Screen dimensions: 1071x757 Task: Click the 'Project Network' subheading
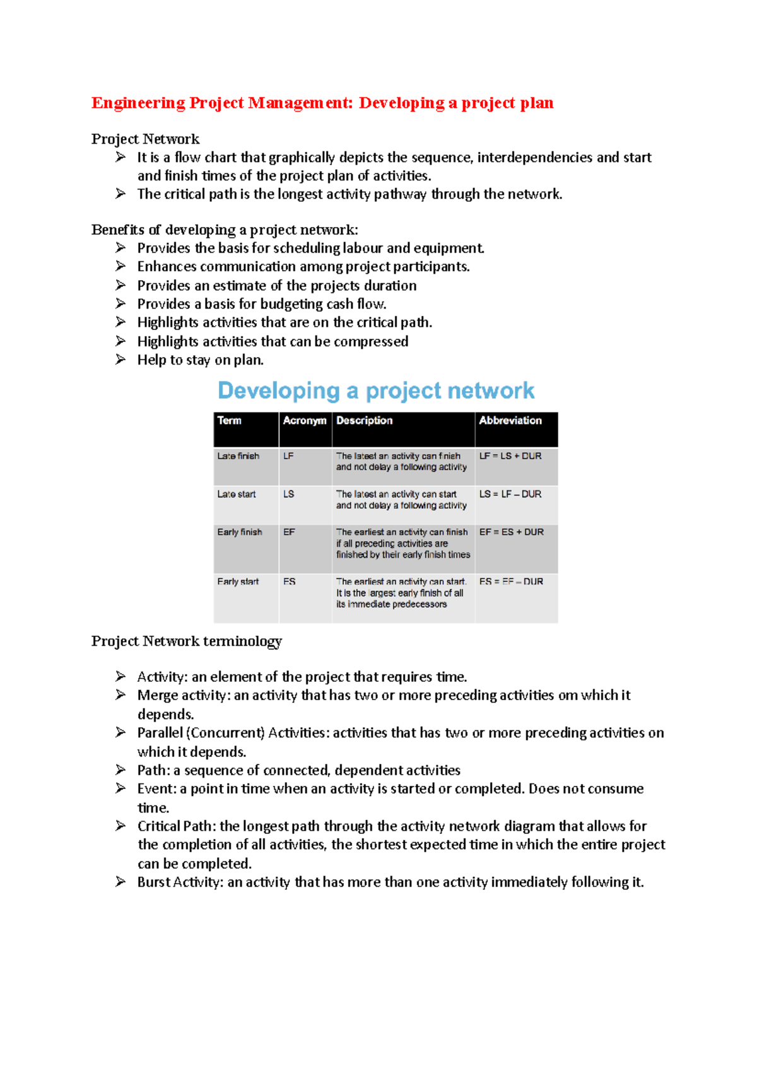[145, 139]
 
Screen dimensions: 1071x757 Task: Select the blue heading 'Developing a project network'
[376, 390]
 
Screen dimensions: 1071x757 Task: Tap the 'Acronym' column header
[305, 421]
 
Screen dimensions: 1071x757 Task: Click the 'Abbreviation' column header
[510, 421]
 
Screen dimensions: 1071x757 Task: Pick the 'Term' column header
[230, 421]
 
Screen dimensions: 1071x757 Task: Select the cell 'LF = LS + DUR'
[510, 456]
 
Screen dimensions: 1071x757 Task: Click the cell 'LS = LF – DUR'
[510, 495]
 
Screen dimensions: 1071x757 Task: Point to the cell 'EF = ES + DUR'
[511, 532]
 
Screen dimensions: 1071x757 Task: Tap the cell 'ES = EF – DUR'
[511, 582]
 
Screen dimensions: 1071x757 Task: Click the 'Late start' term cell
[237, 495]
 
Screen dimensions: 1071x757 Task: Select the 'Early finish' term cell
[240, 532]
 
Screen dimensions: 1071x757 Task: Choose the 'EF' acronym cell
[289, 532]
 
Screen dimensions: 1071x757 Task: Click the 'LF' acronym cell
[288, 456]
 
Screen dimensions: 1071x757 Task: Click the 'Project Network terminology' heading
[186, 641]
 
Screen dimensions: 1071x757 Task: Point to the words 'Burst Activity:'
[180, 882]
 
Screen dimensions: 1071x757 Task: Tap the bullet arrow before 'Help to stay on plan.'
[120, 360]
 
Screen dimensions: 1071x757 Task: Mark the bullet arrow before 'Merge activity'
[120, 695]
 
